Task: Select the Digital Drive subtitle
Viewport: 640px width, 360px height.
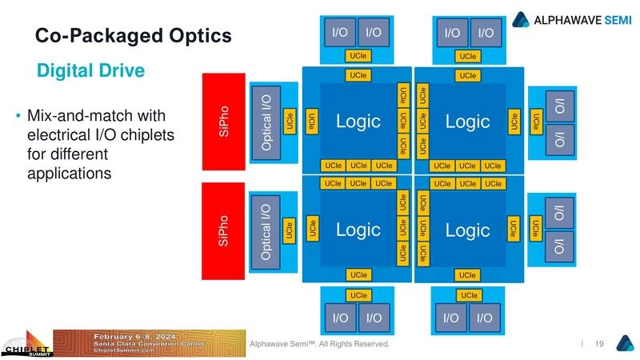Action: coord(90,71)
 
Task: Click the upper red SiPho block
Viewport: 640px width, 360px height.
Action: coord(223,121)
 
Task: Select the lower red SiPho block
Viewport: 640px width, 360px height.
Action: coord(223,230)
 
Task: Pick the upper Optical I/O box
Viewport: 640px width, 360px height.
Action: coord(266,121)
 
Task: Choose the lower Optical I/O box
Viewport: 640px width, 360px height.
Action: coord(266,231)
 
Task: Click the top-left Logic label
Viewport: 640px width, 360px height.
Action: coord(358,122)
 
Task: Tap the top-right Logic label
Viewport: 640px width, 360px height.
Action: coord(467,122)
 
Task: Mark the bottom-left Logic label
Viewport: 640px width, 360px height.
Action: coord(358,230)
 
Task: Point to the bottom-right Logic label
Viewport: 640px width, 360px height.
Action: coord(467,230)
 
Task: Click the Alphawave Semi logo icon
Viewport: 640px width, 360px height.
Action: coord(520,18)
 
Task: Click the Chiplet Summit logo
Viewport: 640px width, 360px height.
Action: coord(26,346)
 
